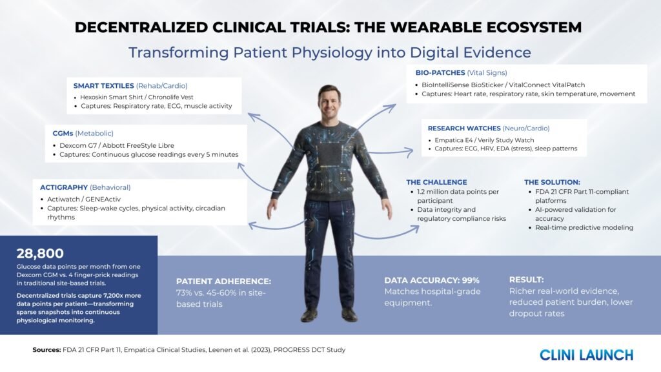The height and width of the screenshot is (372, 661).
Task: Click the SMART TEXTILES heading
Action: click(104, 86)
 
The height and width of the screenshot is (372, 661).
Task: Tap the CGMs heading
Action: click(63, 133)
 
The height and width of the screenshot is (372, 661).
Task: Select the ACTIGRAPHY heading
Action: click(64, 187)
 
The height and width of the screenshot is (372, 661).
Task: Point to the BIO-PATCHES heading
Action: click(440, 72)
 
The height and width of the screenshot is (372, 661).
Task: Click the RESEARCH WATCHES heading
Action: click(464, 129)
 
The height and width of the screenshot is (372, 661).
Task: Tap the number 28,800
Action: click(40, 253)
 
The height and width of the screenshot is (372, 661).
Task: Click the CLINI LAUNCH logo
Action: click(586, 355)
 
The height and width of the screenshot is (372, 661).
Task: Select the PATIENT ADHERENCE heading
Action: click(223, 282)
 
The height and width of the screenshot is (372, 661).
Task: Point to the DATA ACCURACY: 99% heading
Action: click(432, 280)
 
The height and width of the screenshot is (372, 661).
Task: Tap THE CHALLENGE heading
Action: click(437, 182)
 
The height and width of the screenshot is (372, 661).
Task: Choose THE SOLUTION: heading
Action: click(553, 182)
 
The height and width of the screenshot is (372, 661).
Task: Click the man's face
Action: click(329, 103)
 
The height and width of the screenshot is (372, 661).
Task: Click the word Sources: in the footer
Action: click(46, 349)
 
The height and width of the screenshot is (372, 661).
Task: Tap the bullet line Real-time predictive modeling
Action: click(584, 228)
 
